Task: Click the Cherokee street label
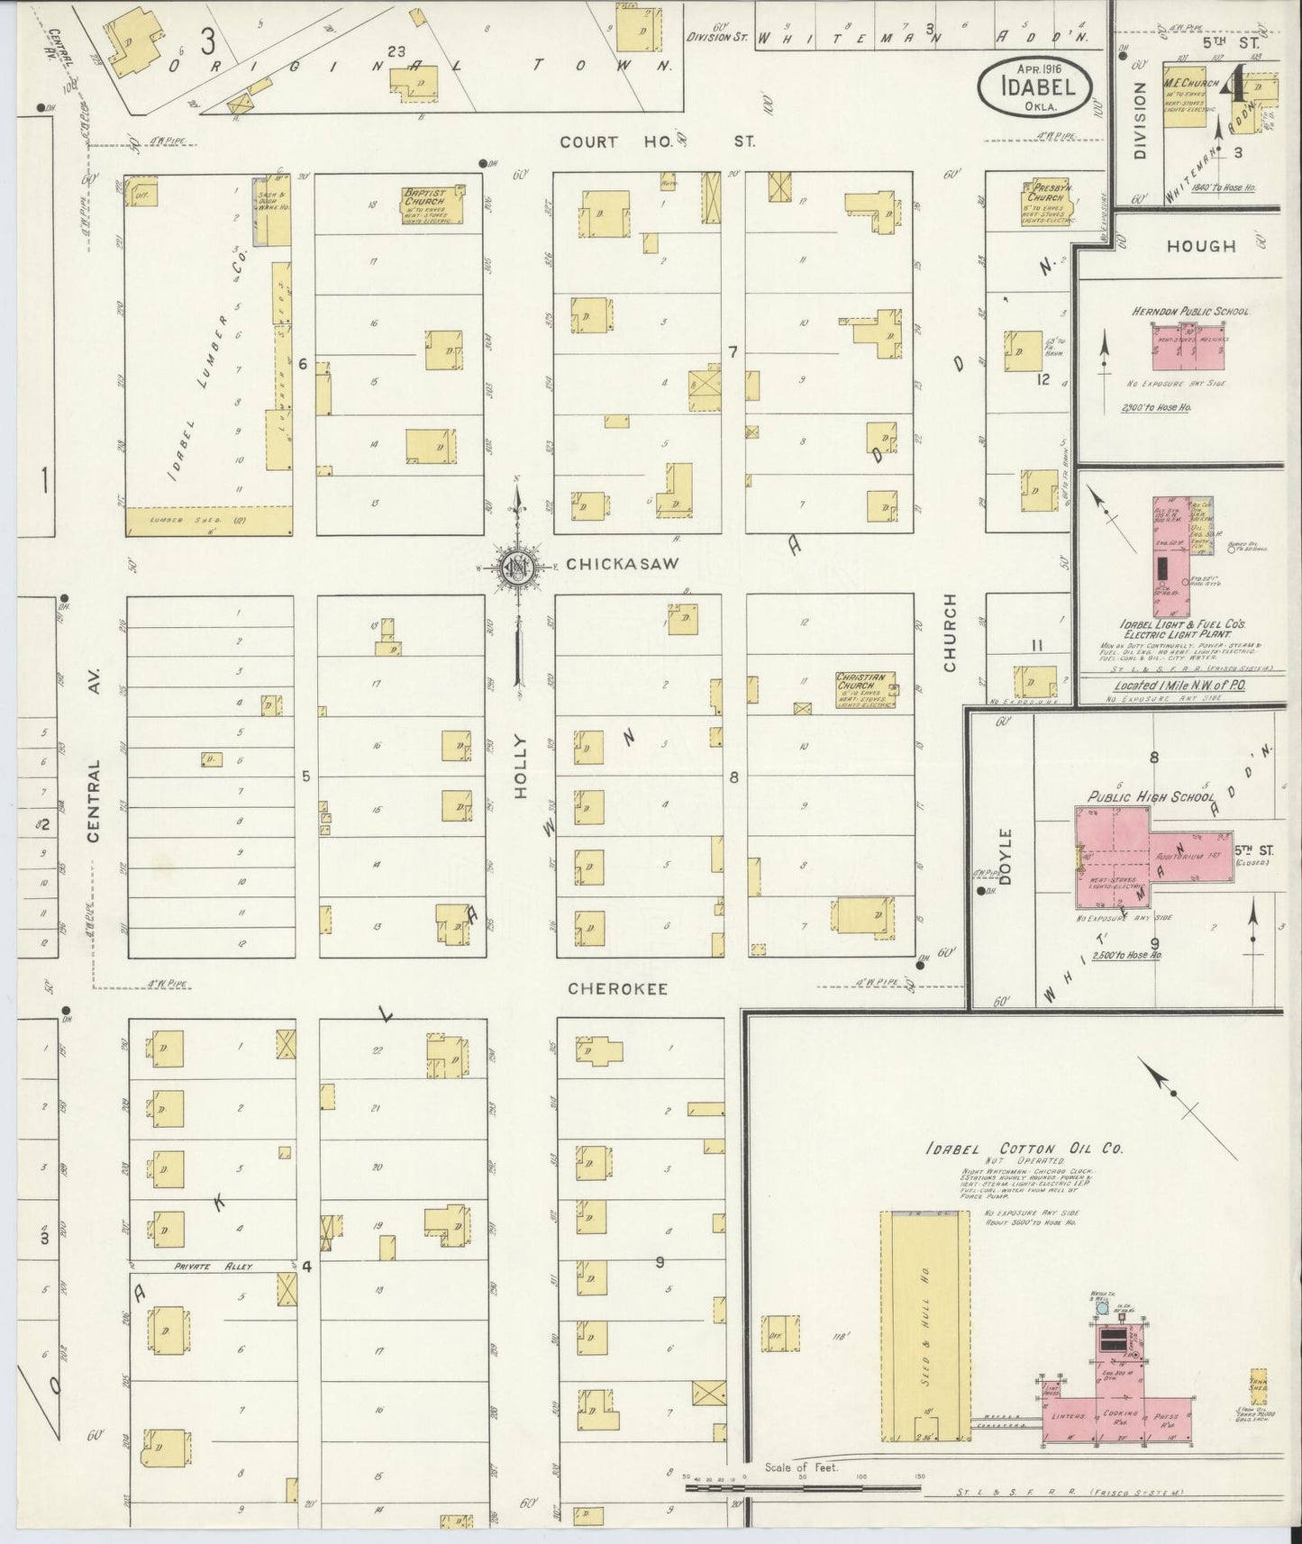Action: point(617,988)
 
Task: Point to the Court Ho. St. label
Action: point(655,141)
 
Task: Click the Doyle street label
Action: point(1006,855)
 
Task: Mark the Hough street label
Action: point(1201,245)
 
